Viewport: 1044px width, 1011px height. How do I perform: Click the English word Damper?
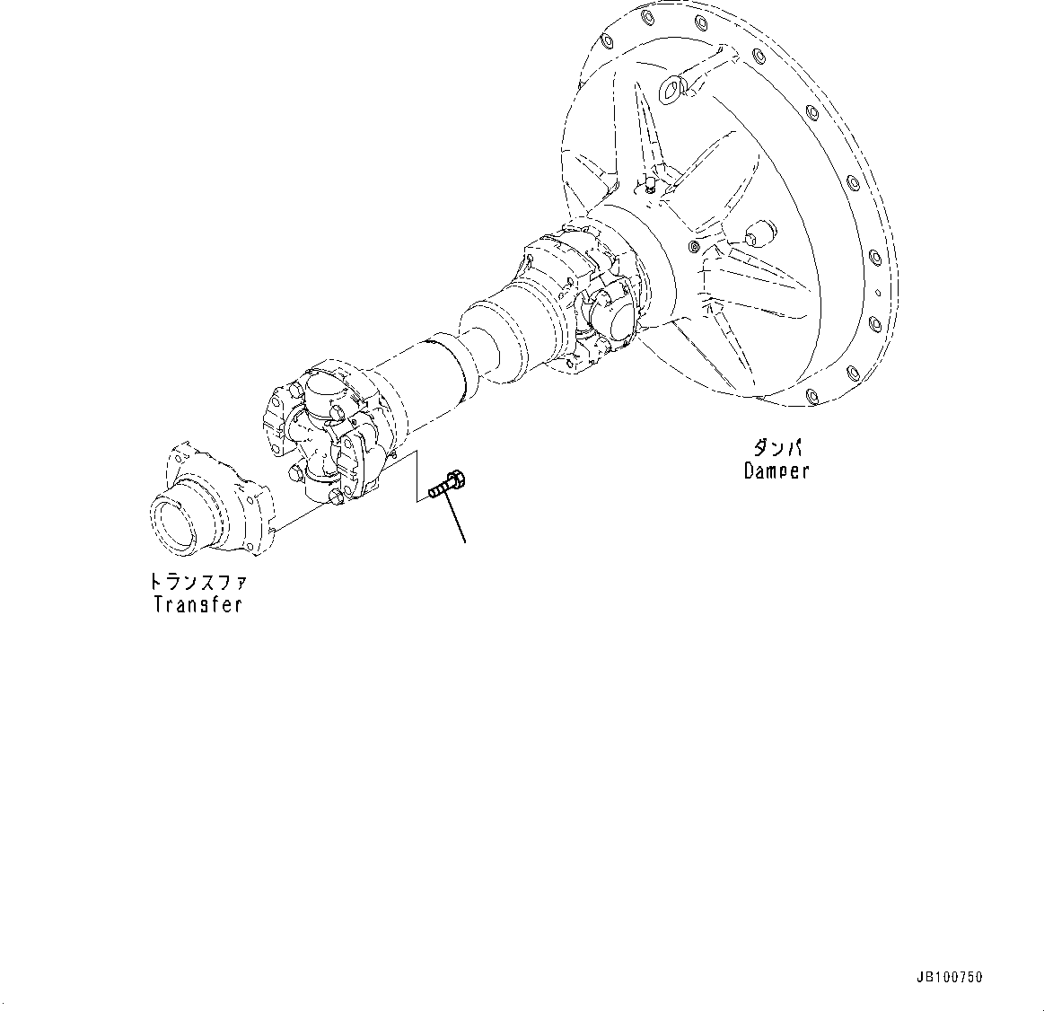[x=776, y=470]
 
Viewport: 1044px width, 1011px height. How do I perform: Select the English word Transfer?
[x=197, y=604]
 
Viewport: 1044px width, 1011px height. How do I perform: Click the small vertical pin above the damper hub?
[x=645, y=183]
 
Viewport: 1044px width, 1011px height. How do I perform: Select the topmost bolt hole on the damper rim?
[x=644, y=16]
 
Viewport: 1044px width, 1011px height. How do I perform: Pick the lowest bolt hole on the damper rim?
[x=812, y=395]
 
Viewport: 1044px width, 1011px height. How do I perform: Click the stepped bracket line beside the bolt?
[x=415, y=476]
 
